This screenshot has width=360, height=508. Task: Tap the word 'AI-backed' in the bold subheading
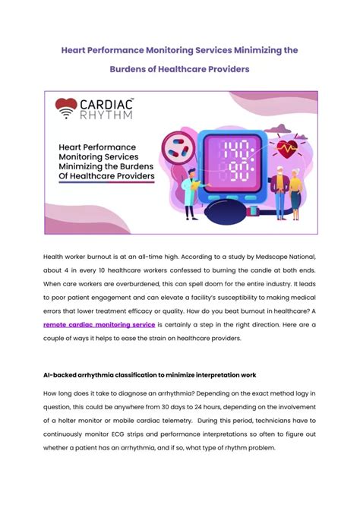tap(61, 374)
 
